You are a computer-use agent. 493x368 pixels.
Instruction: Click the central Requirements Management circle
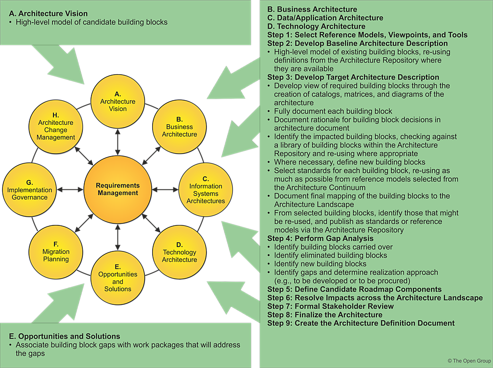(117, 189)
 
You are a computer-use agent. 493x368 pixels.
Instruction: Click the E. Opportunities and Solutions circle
(117, 278)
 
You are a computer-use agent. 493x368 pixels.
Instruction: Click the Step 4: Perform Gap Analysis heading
(320, 238)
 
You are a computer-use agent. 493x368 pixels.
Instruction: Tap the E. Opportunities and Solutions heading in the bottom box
(65, 336)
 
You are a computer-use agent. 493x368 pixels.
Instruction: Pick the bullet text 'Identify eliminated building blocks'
(330, 255)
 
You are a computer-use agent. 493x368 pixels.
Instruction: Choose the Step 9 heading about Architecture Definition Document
(361, 323)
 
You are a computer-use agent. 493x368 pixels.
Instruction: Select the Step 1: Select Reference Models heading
(367, 35)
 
